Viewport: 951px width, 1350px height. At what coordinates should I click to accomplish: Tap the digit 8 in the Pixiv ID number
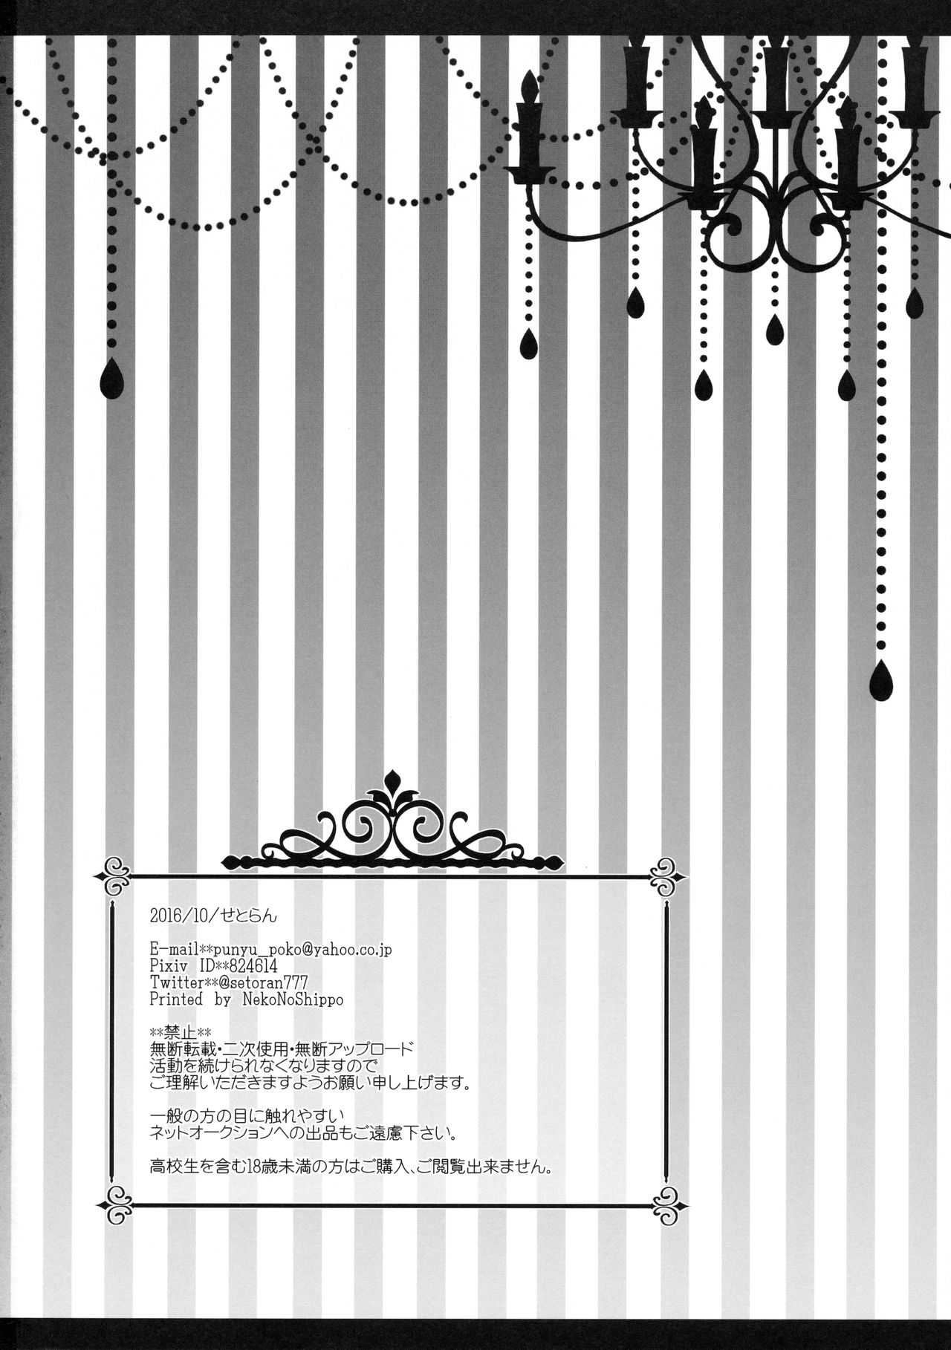tap(238, 966)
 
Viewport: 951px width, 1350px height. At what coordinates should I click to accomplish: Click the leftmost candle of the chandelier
tap(528, 123)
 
